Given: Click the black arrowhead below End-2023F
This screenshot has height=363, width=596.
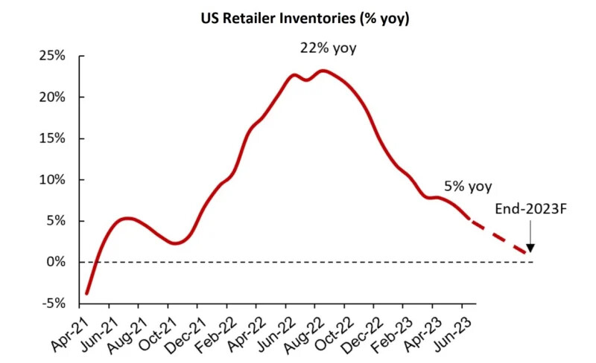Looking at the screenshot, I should (530, 249).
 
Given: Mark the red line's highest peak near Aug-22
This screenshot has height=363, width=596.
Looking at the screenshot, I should (322, 71).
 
